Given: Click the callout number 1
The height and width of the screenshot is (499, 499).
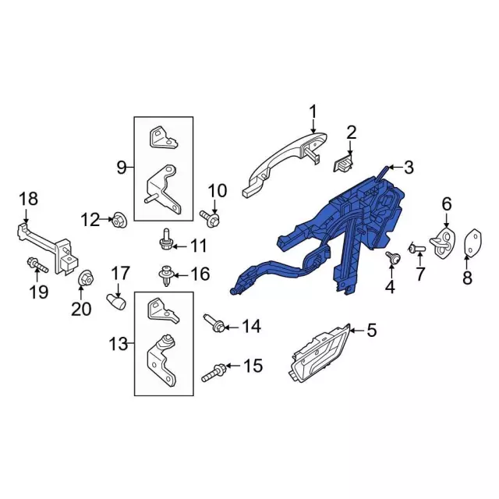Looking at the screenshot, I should (313, 112).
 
